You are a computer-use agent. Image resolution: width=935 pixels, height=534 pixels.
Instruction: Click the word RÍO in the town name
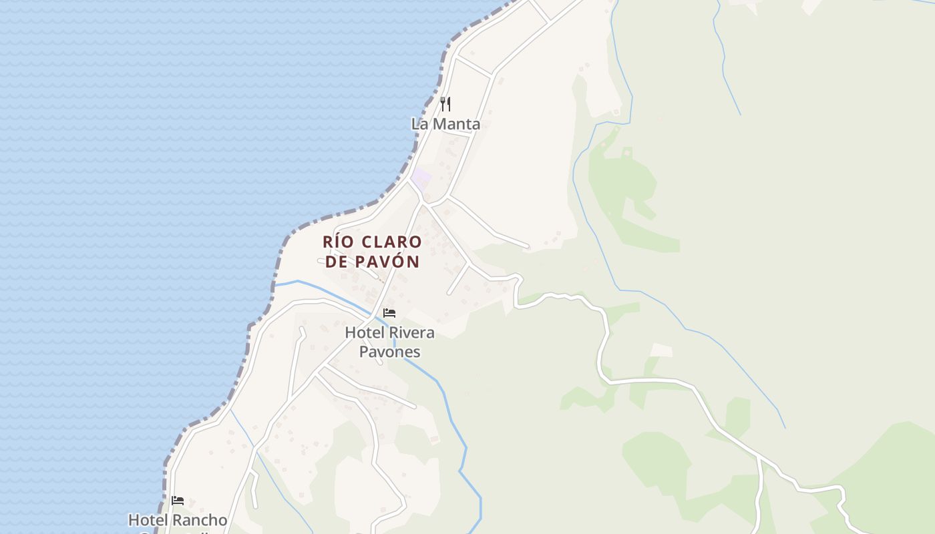(x=337, y=242)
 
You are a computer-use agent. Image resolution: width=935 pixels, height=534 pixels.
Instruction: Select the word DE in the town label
(x=337, y=262)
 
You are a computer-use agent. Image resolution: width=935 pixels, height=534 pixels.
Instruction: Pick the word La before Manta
(x=419, y=123)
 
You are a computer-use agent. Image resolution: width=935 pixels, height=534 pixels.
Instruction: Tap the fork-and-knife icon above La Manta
(x=445, y=104)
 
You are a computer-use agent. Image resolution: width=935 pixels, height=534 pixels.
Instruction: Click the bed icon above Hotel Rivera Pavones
(x=389, y=313)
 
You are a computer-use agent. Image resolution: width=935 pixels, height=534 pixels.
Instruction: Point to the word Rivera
(x=412, y=332)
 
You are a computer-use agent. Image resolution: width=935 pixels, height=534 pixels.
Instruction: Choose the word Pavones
(x=389, y=352)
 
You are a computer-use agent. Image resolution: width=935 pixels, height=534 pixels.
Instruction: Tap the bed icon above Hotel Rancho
(x=178, y=501)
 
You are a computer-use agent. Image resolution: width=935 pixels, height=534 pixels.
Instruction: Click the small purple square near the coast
(x=421, y=178)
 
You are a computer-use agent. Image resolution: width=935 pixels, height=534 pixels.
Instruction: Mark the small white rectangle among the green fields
(x=661, y=350)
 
